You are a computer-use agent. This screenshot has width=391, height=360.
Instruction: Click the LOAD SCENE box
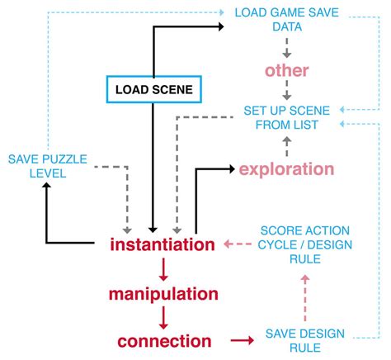[153, 88]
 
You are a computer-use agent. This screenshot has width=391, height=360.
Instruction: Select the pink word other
[286, 70]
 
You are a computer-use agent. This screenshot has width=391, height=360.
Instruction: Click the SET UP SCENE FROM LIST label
[286, 117]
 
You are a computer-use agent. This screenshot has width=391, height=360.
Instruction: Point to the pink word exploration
[286, 169]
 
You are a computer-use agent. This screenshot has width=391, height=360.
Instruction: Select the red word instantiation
[163, 244]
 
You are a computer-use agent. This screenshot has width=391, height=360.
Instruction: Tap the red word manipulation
[163, 293]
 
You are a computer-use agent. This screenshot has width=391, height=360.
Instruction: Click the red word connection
[163, 340]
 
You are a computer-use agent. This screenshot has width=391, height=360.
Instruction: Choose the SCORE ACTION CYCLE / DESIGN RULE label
[304, 244]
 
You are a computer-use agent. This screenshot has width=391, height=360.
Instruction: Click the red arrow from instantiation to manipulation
[163, 268]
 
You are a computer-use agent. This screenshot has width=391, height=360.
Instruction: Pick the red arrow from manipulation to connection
[163, 316]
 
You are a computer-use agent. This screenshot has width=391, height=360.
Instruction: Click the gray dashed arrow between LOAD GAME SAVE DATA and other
[286, 45]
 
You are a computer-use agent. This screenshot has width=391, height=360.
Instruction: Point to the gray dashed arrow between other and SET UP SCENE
[286, 93]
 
